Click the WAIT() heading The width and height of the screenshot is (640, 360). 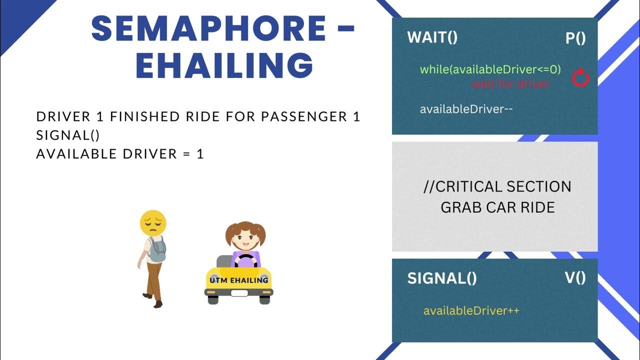[x=432, y=37]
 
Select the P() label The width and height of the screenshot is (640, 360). [x=575, y=38]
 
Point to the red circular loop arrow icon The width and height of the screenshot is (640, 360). [x=580, y=78]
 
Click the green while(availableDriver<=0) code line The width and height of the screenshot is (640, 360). [x=490, y=69]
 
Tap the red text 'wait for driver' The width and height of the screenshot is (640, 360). [x=510, y=83]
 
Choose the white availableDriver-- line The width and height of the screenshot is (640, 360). [x=466, y=109]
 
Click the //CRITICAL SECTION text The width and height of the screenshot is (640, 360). [x=497, y=187]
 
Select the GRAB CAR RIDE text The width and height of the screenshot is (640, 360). [x=497, y=207]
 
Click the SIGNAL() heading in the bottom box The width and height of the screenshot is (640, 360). [x=442, y=278]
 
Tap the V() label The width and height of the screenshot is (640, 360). [x=575, y=278]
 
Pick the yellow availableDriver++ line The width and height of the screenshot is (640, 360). [x=471, y=310]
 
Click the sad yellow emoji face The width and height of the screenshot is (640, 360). [x=153, y=223]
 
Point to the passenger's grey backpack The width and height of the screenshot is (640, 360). [x=157, y=249]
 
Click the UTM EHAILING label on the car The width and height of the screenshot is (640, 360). [x=239, y=280]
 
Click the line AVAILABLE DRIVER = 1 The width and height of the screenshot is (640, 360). [x=120, y=153]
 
